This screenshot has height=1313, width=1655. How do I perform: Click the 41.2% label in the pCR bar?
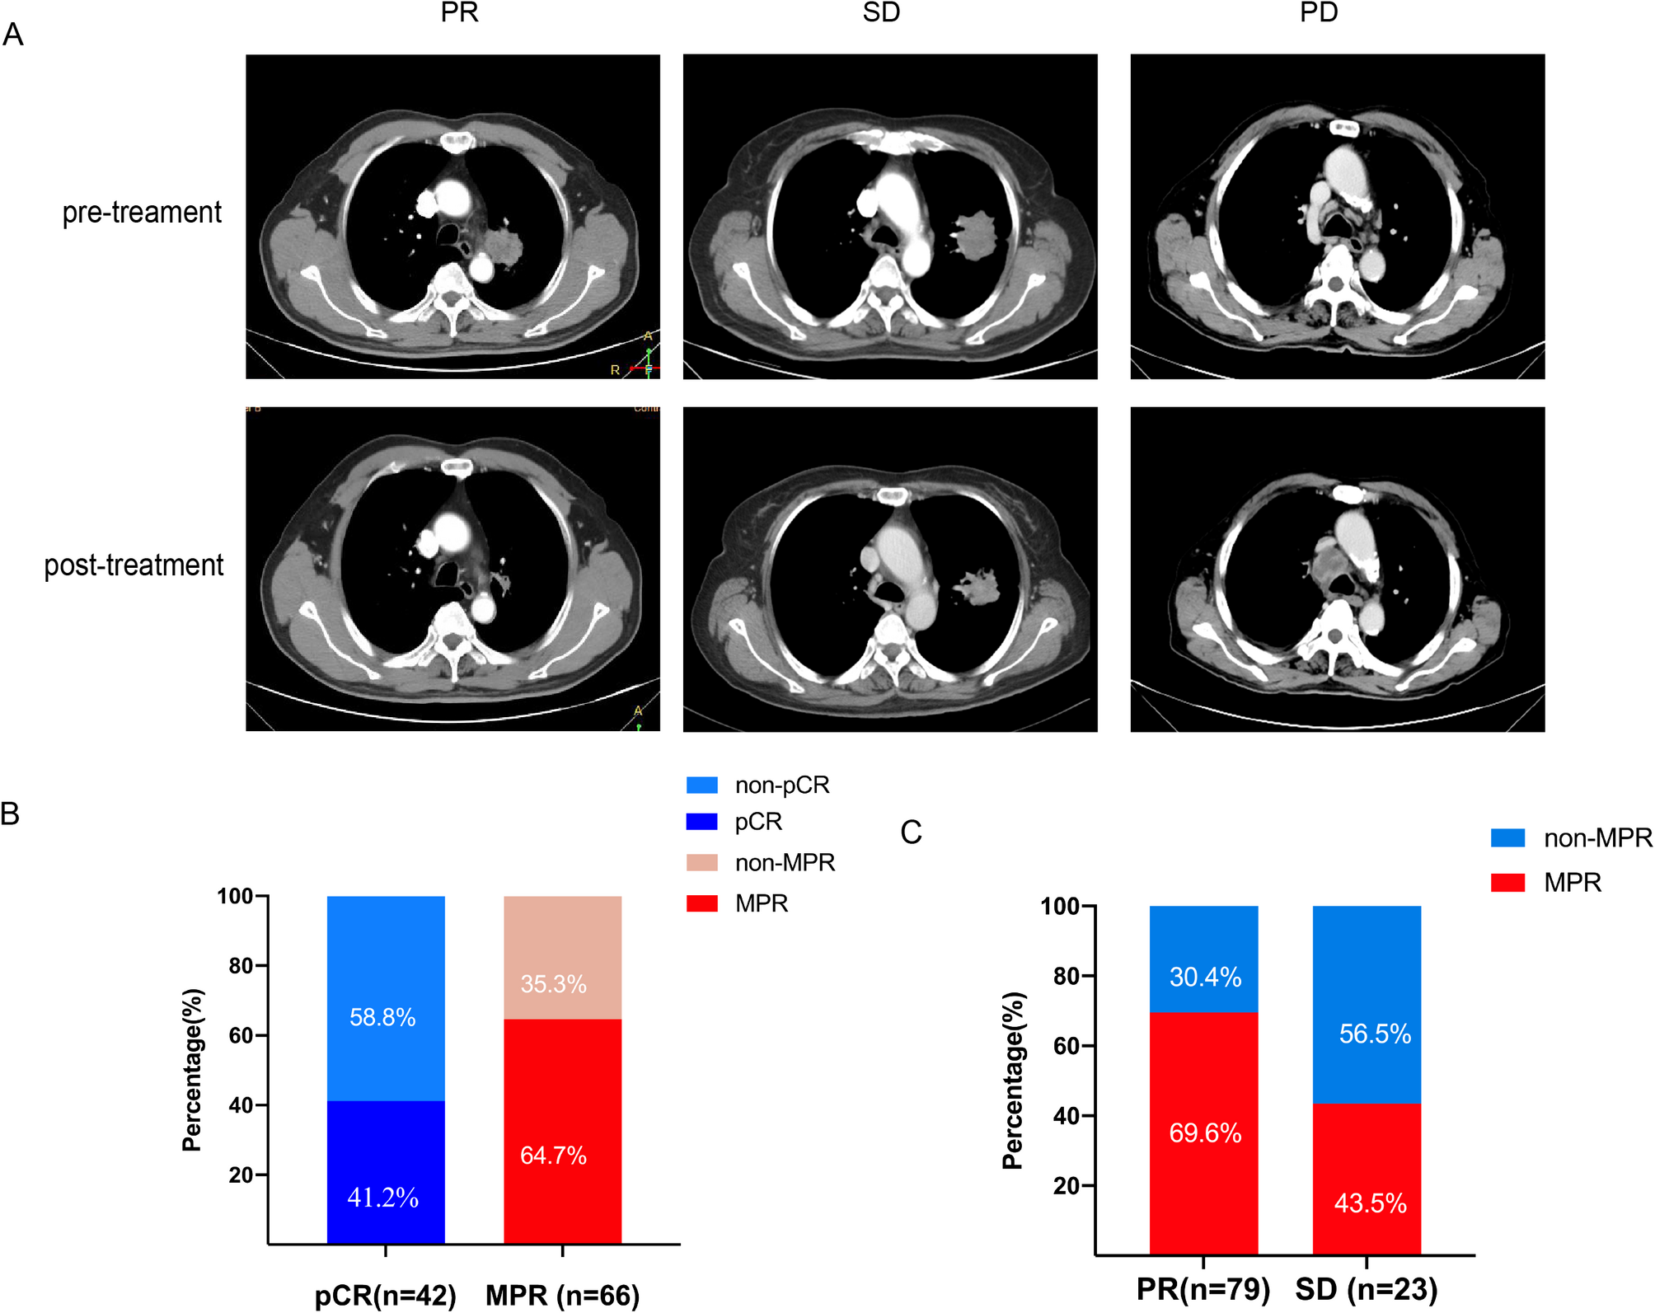tap(383, 1197)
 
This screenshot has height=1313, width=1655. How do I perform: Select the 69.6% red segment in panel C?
tap(1203, 1133)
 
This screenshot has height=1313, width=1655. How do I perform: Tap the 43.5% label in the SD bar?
tap(1370, 1203)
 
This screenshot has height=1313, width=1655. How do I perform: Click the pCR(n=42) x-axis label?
tap(385, 1295)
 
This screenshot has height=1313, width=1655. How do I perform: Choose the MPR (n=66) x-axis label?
tap(562, 1295)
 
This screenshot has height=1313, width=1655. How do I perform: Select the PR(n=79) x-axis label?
tap(1203, 1289)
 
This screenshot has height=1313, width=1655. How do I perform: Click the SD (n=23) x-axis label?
tap(1366, 1289)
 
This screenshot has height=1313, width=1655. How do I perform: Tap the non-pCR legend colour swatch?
tap(701, 785)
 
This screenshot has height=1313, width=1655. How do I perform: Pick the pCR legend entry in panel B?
tap(757, 822)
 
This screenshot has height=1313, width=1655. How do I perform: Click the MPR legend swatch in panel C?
tap(1507, 883)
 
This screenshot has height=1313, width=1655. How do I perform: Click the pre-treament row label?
tap(142, 213)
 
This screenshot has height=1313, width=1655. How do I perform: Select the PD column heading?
tap(1318, 12)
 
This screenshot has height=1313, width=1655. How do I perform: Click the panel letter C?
tap(911, 832)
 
